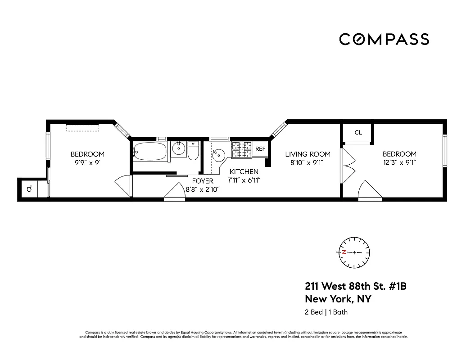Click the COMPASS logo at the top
coord(384,40)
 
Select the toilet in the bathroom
coord(193,152)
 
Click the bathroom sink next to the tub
coord(179,148)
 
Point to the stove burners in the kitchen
coord(241,149)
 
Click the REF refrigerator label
coord(260,149)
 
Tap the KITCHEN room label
coord(244,172)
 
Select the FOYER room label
coord(202,181)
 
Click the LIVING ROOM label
coord(308,154)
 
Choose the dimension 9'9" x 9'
coord(87,162)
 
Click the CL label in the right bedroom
coord(358,133)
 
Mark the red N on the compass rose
coord(344,252)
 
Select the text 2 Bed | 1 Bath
coord(326,312)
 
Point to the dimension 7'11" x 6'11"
coord(244,180)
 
